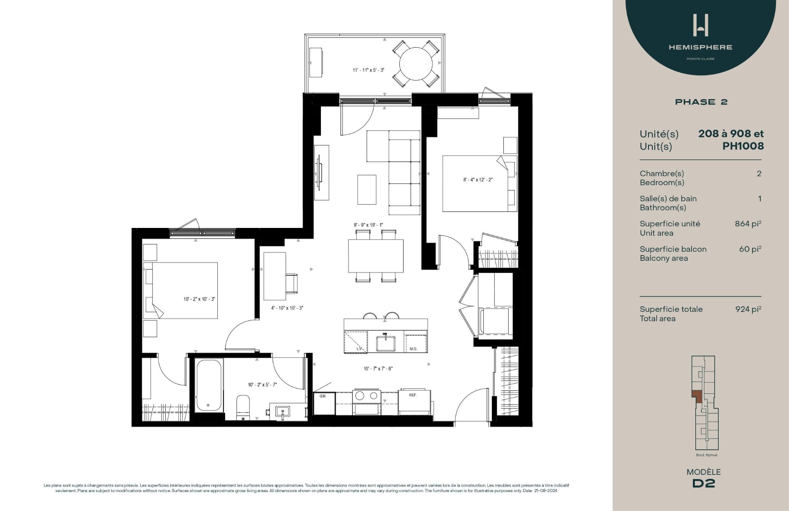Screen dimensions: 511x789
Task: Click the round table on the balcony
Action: pyautogui.click(x=416, y=64)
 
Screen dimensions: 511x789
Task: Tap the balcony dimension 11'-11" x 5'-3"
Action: pyautogui.click(x=368, y=70)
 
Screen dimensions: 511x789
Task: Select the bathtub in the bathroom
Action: pyautogui.click(x=209, y=386)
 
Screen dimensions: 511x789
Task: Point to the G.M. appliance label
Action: pyautogui.click(x=323, y=396)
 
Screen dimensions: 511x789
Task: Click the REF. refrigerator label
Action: pyautogui.click(x=413, y=395)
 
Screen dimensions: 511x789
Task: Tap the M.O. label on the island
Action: pyautogui.click(x=413, y=349)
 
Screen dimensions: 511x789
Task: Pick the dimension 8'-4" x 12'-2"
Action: pyautogui.click(x=478, y=180)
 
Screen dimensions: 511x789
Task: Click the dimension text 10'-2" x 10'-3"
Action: pyautogui.click(x=199, y=299)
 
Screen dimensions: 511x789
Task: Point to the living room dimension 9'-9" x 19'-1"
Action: pyautogui.click(x=368, y=225)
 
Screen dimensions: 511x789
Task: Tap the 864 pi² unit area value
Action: pyautogui.click(x=747, y=224)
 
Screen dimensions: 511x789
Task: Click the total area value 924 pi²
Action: pyautogui.click(x=748, y=309)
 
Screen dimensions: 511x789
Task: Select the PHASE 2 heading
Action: pyautogui.click(x=701, y=102)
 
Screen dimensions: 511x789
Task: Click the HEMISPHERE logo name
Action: pyautogui.click(x=700, y=47)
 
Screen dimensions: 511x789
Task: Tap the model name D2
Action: pyautogui.click(x=704, y=483)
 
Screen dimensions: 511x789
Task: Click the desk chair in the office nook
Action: pyautogui.click(x=291, y=283)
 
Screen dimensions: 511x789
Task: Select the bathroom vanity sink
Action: pyautogui.click(x=283, y=411)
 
